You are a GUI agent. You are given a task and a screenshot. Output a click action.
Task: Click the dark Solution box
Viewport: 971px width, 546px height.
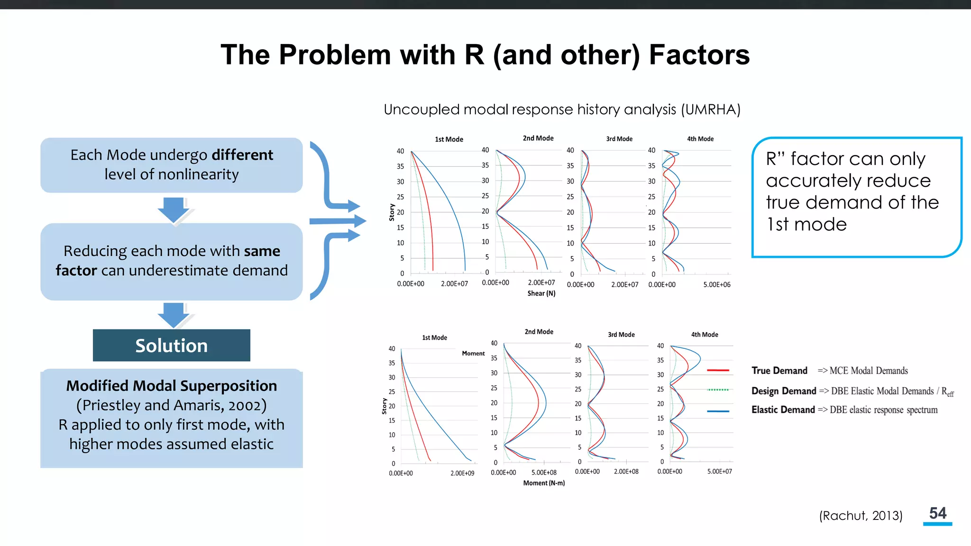click(x=171, y=346)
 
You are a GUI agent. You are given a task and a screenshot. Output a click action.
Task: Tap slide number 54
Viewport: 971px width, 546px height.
click(x=937, y=513)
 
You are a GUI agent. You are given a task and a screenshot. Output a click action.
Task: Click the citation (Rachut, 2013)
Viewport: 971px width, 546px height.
click(x=861, y=516)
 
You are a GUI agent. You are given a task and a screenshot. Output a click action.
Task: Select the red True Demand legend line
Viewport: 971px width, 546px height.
click(x=718, y=370)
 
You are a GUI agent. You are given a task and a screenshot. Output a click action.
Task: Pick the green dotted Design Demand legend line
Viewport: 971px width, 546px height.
click(x=718, y=390)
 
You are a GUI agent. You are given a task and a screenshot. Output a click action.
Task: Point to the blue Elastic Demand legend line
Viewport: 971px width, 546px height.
click(x=718, y=411)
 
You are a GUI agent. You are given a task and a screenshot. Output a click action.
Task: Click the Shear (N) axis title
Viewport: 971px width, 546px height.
click(x=541, y=293)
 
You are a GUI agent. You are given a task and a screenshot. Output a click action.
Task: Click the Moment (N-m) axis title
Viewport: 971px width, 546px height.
click(x=544, y=483)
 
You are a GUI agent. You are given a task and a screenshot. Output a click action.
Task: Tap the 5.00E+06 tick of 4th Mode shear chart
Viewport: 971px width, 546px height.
click(x=716, y=285)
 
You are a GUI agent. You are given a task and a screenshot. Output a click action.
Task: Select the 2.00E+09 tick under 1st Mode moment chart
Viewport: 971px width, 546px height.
click(x=462, y=473)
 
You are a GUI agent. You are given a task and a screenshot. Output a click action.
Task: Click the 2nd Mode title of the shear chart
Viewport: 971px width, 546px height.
click(x=538, y=138)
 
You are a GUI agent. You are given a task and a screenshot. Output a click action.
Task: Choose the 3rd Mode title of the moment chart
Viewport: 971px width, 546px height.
click(x=621, y=335)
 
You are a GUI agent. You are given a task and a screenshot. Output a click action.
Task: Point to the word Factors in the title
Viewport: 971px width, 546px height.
click(x=699, y=55)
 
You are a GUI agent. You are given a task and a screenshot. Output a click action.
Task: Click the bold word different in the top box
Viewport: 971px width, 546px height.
click(x=242, y=155)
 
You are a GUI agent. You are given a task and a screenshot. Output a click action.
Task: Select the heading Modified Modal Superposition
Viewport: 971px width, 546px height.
click(x=171, y=386)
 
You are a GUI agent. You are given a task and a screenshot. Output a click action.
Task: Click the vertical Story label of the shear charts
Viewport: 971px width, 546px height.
click(x=392, y=212)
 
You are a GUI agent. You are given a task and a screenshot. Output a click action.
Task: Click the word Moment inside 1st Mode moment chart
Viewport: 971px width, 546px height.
click(x=473, y=354)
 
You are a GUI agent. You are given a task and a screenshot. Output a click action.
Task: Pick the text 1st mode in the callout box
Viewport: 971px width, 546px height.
click(x=806, y=224)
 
